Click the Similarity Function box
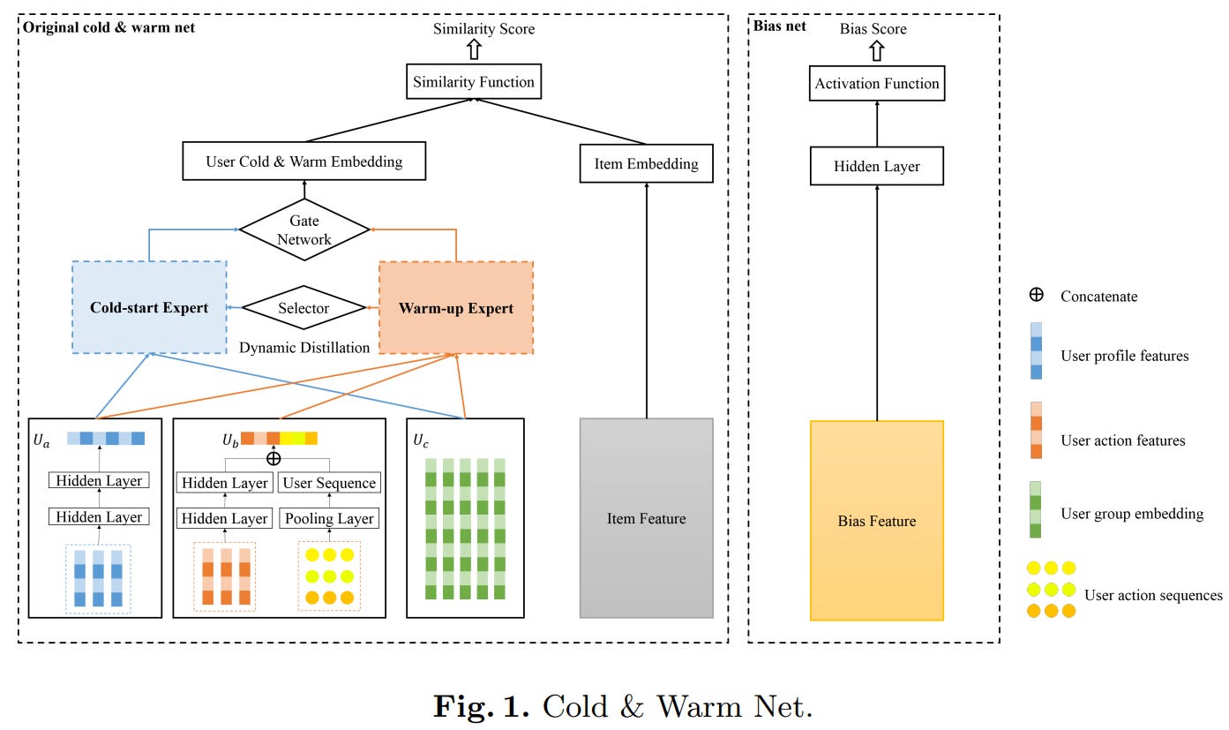[x=475, y=82]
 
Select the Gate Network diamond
[x=304, y=230]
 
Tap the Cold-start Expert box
[x=149, y=307]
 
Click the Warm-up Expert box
[x=455, y=307]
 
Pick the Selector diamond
[x=304, y=308]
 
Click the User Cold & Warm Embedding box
[x=304, y=162]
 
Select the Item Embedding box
[x=647, y=163]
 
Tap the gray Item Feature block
[x=646, y=518]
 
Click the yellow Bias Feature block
[x=876, y=520]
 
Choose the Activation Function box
[x=876, y=84]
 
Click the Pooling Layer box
[x=329, y=518]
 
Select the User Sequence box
[x=329, y=483]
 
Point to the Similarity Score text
[x=483, y=29]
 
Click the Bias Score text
[x=873, y=29]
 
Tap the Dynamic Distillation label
[x=304, y=348]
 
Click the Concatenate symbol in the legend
[x=1037, y=296]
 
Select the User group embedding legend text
[x=1132, y=514]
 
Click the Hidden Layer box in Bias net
[x=876, y=167]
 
